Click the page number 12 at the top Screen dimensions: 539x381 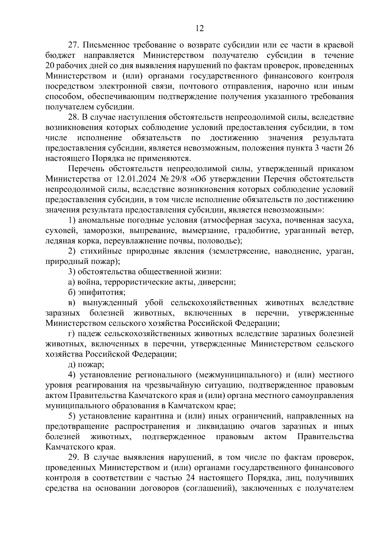[199, 29]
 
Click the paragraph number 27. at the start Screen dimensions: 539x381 [74, 45]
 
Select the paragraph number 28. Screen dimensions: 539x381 [74, 117]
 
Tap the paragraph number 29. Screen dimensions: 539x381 [74, 457]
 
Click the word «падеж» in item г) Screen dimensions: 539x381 [89, 334]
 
